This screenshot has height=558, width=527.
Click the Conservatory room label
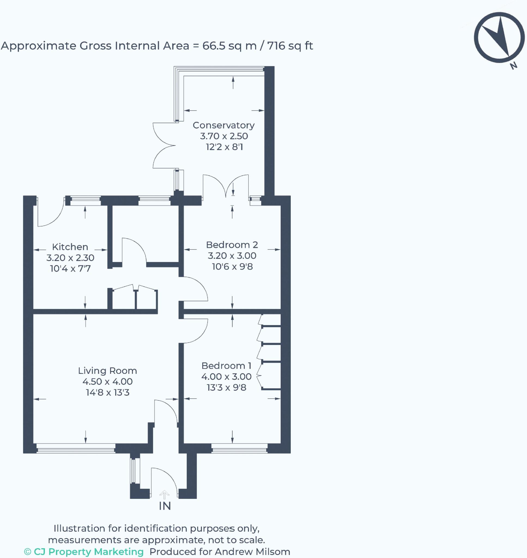pos(224,125)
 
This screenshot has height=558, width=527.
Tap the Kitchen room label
pos(70,247)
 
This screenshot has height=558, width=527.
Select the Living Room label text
pos(108,371)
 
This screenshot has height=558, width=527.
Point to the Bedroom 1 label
pos(226,366)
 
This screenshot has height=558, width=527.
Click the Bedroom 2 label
pos(232,245)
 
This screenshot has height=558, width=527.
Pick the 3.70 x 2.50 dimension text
pos(224,136)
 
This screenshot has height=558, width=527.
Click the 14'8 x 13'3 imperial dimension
pos(108,392)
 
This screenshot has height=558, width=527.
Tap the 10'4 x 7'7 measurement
pos(70,268)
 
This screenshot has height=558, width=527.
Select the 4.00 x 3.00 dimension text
pos(226,377)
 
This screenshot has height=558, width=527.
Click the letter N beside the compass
pos(514,66)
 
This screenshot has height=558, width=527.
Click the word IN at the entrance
pos(165,506)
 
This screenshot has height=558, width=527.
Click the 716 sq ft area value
pos(290,46)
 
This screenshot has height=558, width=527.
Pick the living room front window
pos(76,448)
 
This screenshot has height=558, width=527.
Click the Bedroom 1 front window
pos(239,448)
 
